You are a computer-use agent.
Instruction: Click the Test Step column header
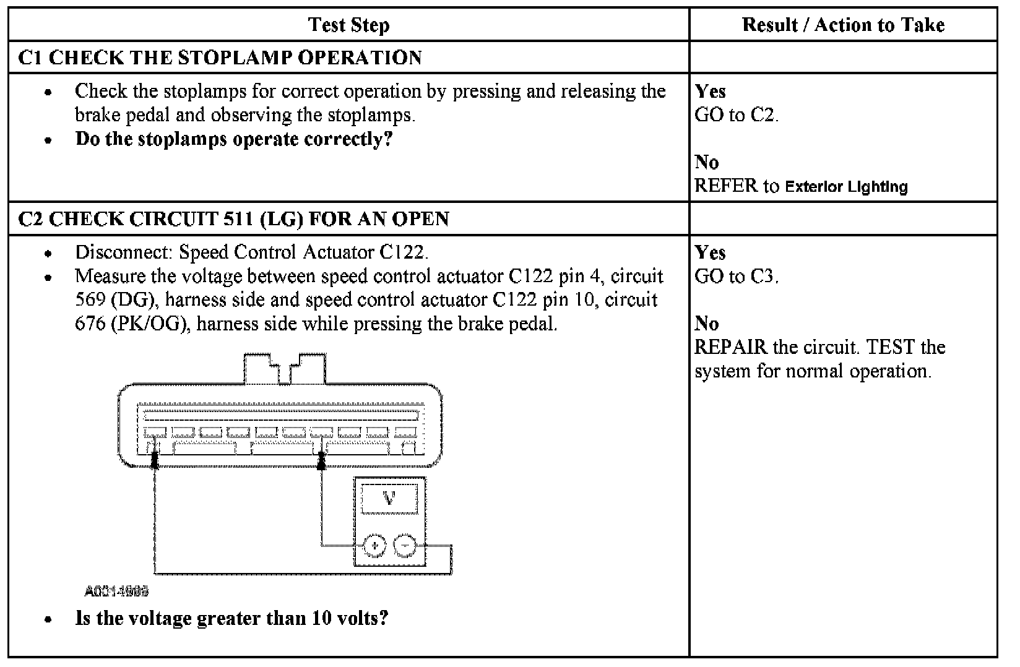click(348, 25)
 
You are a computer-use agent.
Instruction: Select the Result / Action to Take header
click(843, 25)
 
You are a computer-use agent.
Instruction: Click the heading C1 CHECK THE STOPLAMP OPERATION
click(220, 58)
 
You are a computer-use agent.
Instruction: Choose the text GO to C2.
click(737, 115)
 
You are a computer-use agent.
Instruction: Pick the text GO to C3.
click(737, 277)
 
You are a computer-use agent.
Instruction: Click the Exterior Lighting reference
click(846, 187)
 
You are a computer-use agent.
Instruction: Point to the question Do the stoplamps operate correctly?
click(234, 139)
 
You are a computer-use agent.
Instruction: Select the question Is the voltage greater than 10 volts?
click(231, 618)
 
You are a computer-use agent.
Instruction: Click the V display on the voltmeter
click(389, 498)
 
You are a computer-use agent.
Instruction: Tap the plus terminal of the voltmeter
click(374, 546)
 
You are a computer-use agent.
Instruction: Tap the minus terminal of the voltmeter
click(405, 546)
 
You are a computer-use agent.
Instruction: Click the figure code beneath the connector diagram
click(117, 592)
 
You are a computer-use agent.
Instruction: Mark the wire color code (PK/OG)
click(149, 324)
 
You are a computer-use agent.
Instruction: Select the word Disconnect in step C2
click(124, 252)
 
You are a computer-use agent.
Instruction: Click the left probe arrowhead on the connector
click(155, 459)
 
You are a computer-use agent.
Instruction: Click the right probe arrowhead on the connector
click(321, 459)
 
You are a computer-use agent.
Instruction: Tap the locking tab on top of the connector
click(285, 368)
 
